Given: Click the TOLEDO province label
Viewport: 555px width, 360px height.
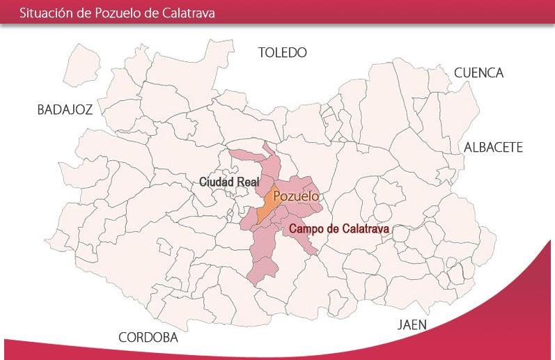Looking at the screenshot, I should [282, 53].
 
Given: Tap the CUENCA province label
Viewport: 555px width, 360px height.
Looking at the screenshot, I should [478, 73].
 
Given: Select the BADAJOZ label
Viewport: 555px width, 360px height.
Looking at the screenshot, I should [65, 109].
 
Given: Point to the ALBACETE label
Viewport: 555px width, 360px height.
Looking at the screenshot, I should [493, 148].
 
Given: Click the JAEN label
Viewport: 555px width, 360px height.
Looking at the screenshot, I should [412, 325].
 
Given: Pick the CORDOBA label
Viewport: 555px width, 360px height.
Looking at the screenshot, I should [148, 338].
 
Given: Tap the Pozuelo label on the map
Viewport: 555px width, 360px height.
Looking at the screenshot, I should [296, 197].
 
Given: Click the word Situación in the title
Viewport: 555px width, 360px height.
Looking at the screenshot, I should [44, 13].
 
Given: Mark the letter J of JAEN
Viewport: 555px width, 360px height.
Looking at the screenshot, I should [400, 325].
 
